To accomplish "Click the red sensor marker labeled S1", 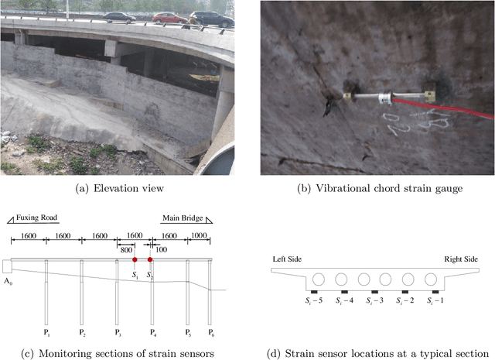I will point(134,259).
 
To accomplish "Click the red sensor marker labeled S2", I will point(151,259).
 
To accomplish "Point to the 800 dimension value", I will point(125,249).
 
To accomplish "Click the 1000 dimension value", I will point(199,235).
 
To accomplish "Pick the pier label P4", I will point(152,331).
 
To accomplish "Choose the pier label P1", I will point(46,331).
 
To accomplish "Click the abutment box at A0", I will point(9,266).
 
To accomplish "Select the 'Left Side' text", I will point(288,259).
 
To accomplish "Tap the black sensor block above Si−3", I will point(374,292).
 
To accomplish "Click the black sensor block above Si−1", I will point(434,292).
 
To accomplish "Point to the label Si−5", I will point(314,301).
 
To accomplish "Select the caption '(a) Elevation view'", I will point(116,188).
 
